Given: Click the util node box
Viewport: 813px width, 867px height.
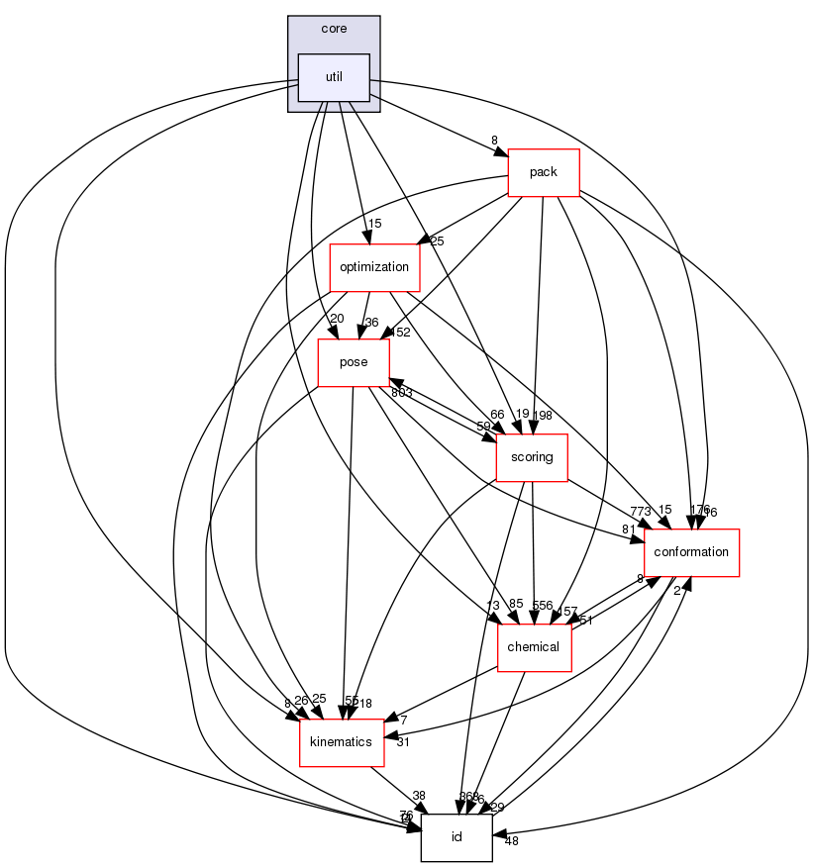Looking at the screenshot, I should pos(334,76).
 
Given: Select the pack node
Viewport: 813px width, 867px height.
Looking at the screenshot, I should pos(543,171).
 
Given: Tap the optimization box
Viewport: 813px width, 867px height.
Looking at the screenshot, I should pos(374,266).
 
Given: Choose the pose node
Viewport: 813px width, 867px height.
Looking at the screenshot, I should pos(354,361).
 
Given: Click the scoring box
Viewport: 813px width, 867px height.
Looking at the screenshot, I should pos(533,457).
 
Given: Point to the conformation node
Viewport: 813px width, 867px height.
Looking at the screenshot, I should pos(691,551).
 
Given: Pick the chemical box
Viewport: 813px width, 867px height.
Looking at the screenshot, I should pos(533,646).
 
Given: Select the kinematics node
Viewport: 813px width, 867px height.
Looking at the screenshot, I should pos(342,741).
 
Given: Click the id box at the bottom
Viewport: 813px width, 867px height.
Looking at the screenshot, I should pos(457,837).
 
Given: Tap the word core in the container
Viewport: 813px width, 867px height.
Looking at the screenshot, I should pos(334,29).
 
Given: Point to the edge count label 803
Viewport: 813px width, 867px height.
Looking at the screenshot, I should pos(401,393).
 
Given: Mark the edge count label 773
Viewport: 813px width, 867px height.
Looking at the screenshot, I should pos(641,511).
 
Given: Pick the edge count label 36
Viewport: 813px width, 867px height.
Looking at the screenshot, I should pos(371,322).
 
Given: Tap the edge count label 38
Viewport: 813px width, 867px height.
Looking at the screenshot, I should pos(418,795).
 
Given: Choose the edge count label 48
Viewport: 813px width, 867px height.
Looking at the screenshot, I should pos(511,840).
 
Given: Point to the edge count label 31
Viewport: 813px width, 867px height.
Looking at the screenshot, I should pos(402,741).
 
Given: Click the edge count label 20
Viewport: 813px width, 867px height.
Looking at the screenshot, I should pos(337,318).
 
